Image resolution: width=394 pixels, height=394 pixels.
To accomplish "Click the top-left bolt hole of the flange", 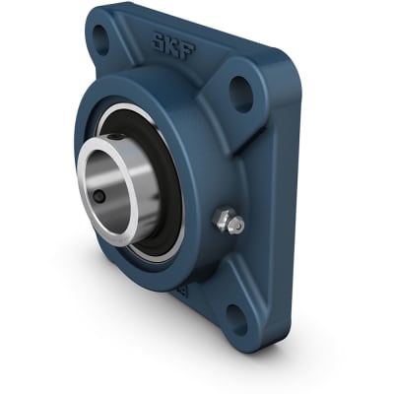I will pos(100,38).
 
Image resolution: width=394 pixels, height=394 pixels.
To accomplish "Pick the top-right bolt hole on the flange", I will pos(241,92).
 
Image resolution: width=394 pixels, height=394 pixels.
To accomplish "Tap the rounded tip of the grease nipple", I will pos(236,226).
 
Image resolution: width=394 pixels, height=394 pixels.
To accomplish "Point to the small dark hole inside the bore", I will pos(99,197).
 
